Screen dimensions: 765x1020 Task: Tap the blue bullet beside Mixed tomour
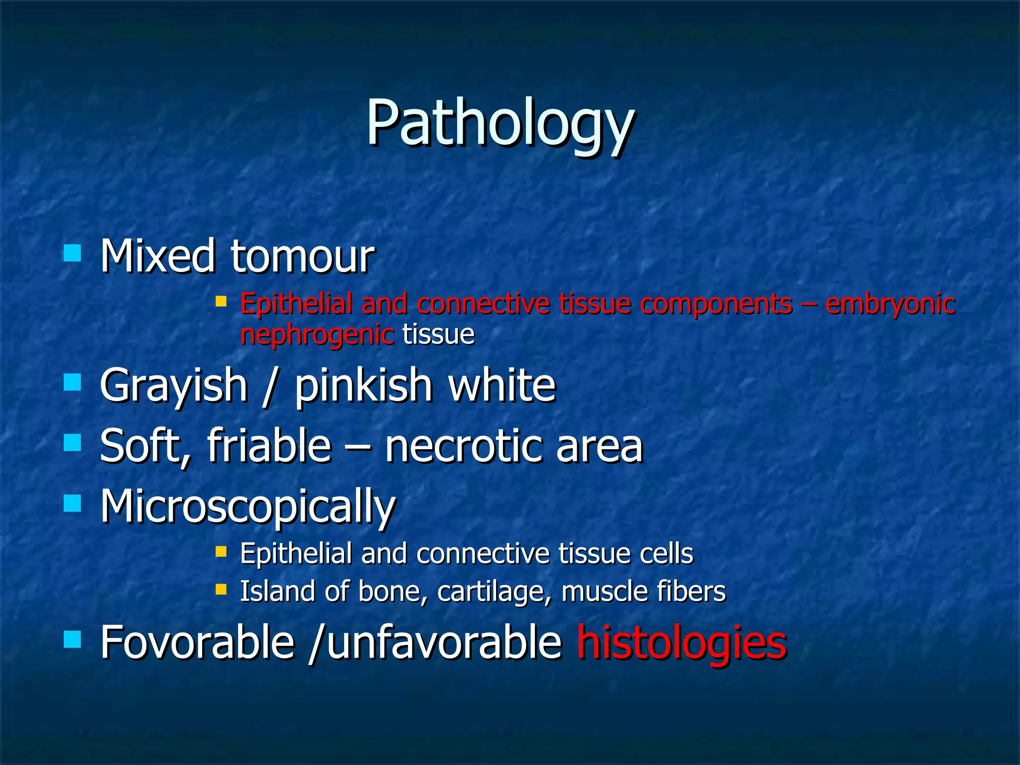point(73,253)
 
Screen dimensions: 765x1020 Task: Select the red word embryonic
point(890,305)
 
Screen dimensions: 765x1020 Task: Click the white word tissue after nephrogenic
point(438,334)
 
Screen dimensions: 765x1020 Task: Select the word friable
point(269,446)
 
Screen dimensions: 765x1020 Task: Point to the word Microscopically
point(248,507)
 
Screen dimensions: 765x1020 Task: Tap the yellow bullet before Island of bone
point(221,590)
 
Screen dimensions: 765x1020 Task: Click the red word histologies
point(681,643)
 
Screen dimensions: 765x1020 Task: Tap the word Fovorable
point(197,643)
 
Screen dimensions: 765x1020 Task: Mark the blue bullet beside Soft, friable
point(73,442)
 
